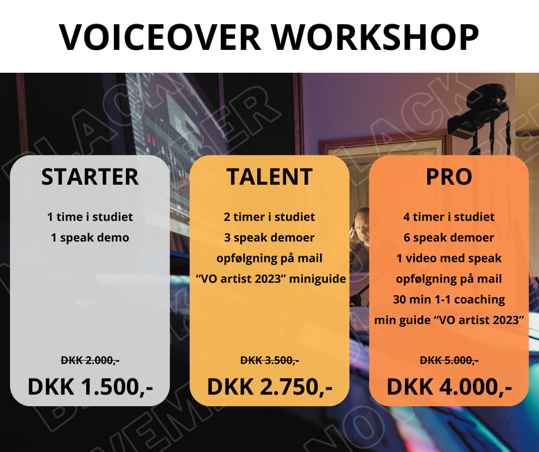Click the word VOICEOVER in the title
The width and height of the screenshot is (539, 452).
point(160,37)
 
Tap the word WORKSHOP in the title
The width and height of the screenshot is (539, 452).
point(375,37)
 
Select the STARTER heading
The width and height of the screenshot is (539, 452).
point(90,176)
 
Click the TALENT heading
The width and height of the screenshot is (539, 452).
point(269,176)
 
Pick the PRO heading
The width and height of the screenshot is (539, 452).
point(449,176)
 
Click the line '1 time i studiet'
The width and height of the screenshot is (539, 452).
point(90,217)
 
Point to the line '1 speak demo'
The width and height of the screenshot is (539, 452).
point(90,237)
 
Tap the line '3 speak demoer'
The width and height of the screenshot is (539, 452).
point(269,237)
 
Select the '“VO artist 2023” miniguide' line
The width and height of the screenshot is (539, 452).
point(270,278)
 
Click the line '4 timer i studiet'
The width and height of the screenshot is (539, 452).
point(449,217)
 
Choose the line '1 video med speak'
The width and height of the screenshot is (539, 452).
point(449,258)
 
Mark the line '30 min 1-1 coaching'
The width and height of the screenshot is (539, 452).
point(449,299)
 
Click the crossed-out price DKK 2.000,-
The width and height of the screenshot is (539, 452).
point(90,360)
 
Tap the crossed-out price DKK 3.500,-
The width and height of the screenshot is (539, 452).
point(269,360)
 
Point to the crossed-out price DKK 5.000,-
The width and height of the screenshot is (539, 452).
point(449,360)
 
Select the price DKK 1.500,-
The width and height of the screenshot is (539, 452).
point(90,387)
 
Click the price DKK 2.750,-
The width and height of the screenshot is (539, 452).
point(269,387)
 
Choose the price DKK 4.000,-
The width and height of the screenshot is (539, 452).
point(449,387)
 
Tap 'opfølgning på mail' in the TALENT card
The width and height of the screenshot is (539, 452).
point(269,258)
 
